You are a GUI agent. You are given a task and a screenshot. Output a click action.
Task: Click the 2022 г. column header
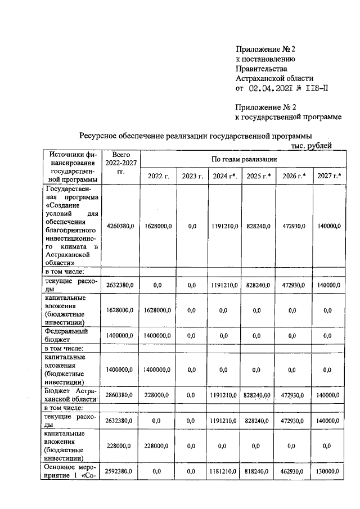159,176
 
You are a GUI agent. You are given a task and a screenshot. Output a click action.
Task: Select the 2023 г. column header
192,176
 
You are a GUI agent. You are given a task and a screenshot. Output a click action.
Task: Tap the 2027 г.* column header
329,176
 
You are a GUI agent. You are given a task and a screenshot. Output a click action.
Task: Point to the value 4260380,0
120,226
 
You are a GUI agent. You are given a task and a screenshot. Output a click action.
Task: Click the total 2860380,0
120,395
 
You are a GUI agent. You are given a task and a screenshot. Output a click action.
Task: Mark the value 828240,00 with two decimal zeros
258,395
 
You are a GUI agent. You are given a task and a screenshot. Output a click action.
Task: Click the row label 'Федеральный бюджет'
65,336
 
